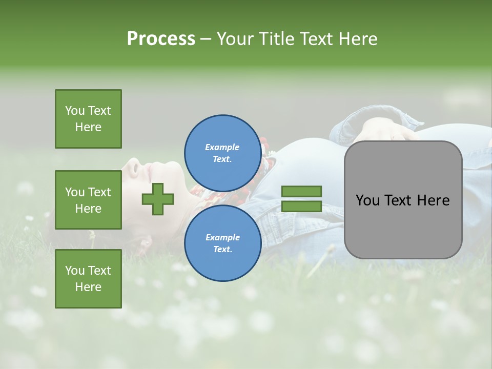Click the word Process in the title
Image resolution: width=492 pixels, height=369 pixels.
161,39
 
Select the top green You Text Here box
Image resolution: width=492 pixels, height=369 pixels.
88,119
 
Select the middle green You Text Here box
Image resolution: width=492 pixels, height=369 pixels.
88,200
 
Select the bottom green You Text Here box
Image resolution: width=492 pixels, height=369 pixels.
88,279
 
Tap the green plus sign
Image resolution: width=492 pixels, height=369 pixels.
158,199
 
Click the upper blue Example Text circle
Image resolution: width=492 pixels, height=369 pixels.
222,153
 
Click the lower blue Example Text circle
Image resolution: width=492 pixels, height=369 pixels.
222,243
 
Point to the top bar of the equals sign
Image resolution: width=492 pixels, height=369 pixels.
301,191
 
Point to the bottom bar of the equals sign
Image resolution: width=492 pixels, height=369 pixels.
301,206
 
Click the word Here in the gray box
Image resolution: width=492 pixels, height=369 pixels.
433,200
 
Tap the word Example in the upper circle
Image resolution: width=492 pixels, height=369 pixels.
222,147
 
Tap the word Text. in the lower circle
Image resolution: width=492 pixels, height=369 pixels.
222,249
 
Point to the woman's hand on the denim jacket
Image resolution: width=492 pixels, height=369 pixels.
384,131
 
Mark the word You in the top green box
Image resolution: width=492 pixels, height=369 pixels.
74,111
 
